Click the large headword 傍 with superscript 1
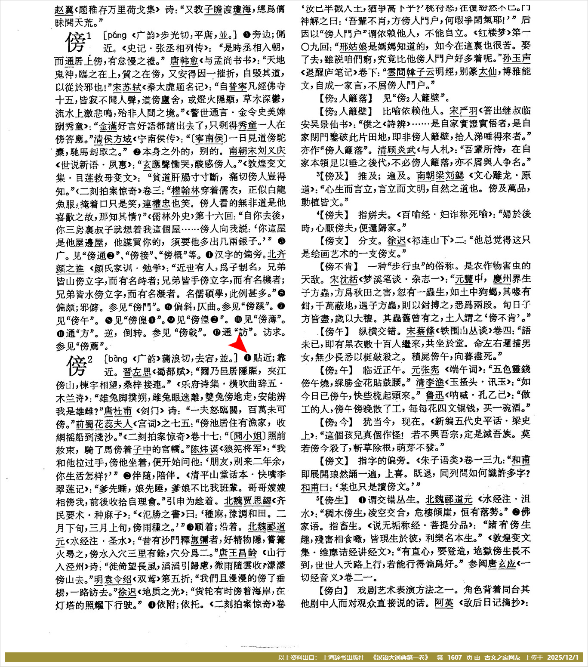click(76, 42)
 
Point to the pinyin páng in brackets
click(117, 35)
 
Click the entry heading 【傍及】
click(335, 176)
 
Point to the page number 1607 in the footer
click(454, 658)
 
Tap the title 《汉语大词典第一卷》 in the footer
click(400, 658)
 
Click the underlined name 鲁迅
click(435, 395)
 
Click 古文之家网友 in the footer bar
click(502, 658)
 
